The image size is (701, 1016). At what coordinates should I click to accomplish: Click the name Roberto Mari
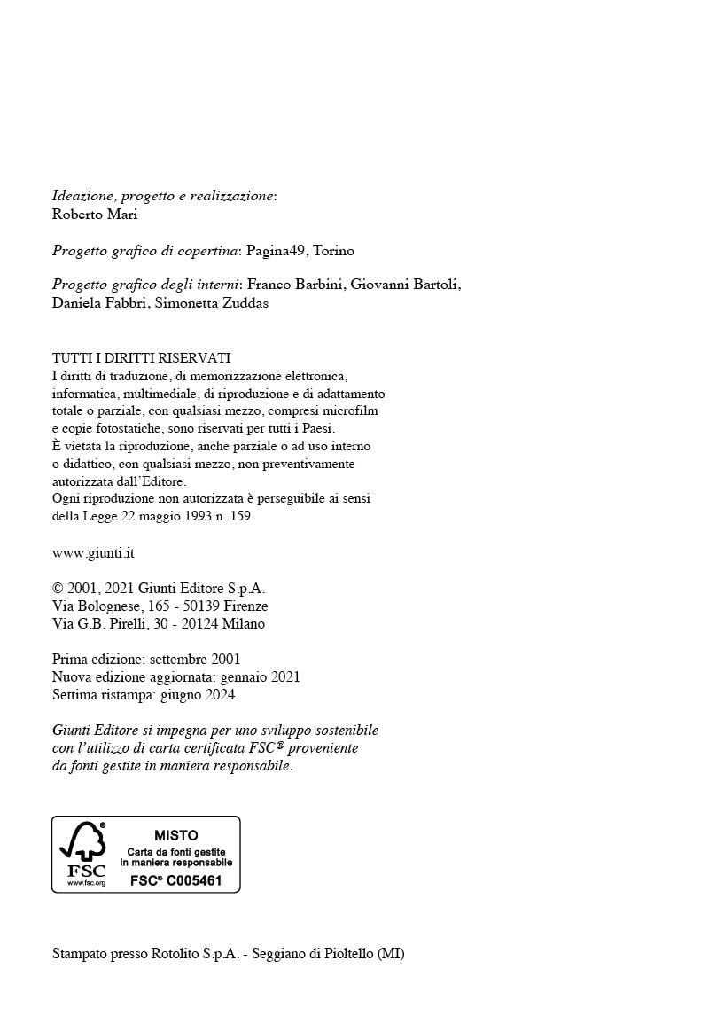95,215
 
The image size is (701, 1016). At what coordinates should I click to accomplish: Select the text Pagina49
275,251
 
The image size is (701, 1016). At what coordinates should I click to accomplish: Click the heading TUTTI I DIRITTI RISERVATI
142,358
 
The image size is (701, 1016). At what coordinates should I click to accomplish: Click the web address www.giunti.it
93,553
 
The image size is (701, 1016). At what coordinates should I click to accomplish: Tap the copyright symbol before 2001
58,589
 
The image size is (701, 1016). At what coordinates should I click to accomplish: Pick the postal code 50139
200,606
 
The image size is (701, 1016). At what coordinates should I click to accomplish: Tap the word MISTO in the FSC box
176,835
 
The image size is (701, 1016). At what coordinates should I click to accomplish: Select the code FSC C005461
175,880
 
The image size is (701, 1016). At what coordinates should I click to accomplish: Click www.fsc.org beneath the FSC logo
87,883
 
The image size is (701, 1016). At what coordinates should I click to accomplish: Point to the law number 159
239,517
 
